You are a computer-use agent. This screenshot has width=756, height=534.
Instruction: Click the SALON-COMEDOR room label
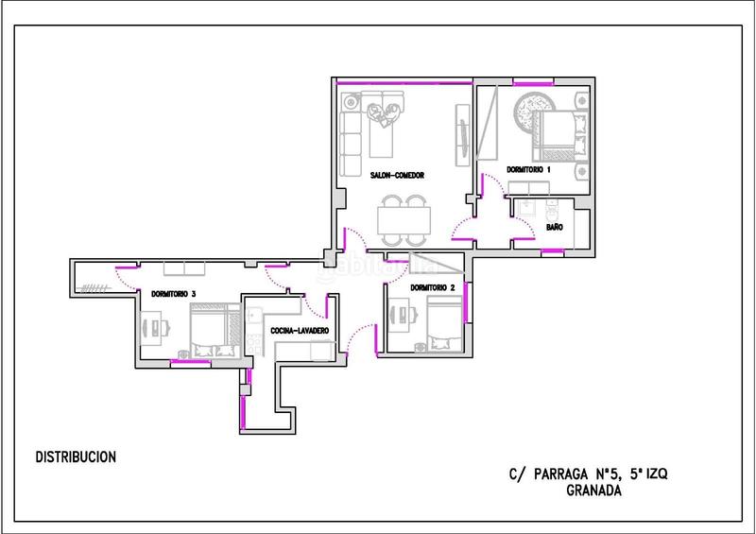(397, 176)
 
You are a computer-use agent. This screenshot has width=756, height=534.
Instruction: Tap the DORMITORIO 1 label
(528, 170)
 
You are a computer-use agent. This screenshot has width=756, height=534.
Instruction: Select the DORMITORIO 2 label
(433, 288)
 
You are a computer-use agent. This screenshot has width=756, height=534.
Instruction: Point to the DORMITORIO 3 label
(174, 294)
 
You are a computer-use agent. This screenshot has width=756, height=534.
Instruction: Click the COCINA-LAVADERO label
(300, 331)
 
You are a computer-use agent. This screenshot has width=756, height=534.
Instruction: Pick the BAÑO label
(555, 227)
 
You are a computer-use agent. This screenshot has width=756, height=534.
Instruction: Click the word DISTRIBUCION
(76, 457)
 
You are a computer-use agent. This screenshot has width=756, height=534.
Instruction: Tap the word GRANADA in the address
(593, 491)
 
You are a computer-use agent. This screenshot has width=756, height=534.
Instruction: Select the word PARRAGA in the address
(561, 474)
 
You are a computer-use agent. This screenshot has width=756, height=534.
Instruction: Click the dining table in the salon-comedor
(404, 220)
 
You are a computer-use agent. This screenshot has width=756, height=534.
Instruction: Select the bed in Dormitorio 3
(215, 331)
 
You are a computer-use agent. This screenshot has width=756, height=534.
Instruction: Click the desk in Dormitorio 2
(399, 315)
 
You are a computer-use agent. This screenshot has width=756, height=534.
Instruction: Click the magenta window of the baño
(553, 251)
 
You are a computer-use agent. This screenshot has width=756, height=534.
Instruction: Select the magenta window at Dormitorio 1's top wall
(532, 84)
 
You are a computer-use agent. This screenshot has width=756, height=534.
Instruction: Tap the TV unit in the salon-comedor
(462, 135)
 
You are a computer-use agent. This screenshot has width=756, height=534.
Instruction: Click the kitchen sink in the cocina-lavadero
(253, 316)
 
